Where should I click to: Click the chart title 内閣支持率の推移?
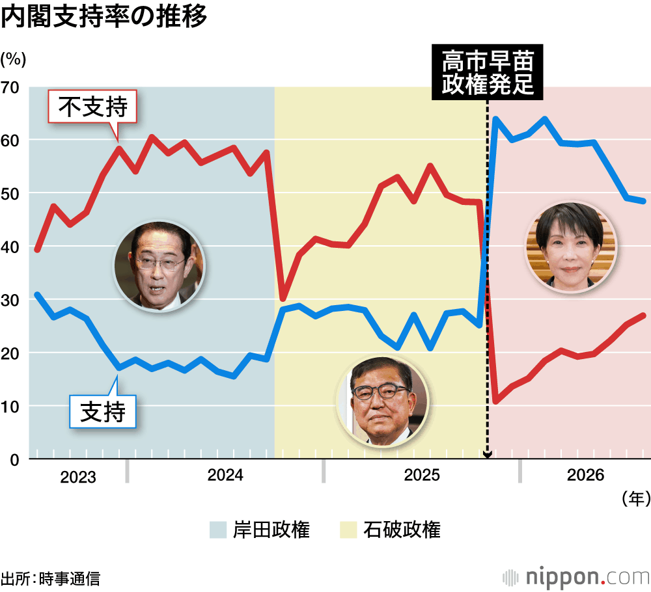click(104, 17)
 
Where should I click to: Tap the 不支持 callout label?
click(92, 107)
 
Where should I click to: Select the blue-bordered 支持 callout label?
click(103, 412)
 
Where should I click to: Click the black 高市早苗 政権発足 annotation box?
click(488, 72)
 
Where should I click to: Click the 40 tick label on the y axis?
click(10, 247)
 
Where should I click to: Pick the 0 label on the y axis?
click(14, 460)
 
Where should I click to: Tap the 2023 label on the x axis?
click(78, 477)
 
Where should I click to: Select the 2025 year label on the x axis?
click(422, 475)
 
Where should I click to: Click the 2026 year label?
click(585, 475)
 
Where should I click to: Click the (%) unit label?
click(13, 59)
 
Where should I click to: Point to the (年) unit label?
click(635, 498)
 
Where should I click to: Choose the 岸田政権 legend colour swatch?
click(218, 530)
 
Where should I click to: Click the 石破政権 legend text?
click(402, 530)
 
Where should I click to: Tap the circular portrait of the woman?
click(571, 247)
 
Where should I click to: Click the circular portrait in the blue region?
click(160, 266)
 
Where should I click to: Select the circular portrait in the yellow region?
click(382, 401)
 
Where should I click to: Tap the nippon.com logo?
click(576, 577)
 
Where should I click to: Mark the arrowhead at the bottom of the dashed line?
click(488, 455)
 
